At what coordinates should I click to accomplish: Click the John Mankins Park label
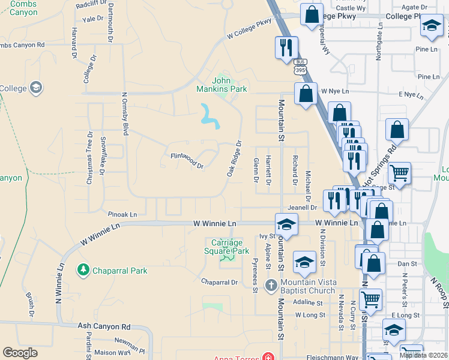pos(230,85)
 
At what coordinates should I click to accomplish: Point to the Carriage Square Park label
pos(226,247)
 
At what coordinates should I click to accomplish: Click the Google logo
pos(20,353)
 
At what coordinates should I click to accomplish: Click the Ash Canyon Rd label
pos(104,326)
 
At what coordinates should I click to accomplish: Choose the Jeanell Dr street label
pos(302,208)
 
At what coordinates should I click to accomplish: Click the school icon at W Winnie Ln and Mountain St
pos(286,225)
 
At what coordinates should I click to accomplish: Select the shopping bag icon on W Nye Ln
pos(306,94)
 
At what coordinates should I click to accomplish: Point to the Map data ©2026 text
pos(424,355)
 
